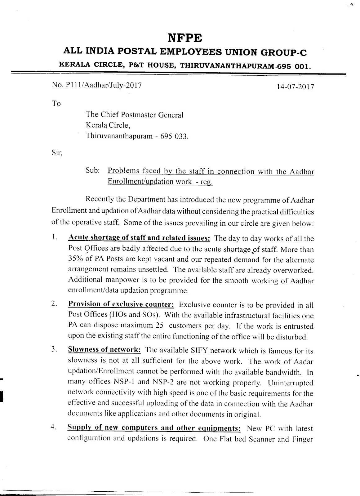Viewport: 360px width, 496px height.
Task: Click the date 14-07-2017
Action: (295, 86)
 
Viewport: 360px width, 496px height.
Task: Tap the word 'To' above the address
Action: (56, 104)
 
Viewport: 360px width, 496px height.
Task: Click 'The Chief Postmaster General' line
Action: (135, 115)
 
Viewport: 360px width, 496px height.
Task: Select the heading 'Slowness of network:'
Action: (104, 350)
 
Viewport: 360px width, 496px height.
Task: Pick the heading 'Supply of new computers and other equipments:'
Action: (154, 428)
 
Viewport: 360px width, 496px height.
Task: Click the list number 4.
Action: (53, 428)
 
